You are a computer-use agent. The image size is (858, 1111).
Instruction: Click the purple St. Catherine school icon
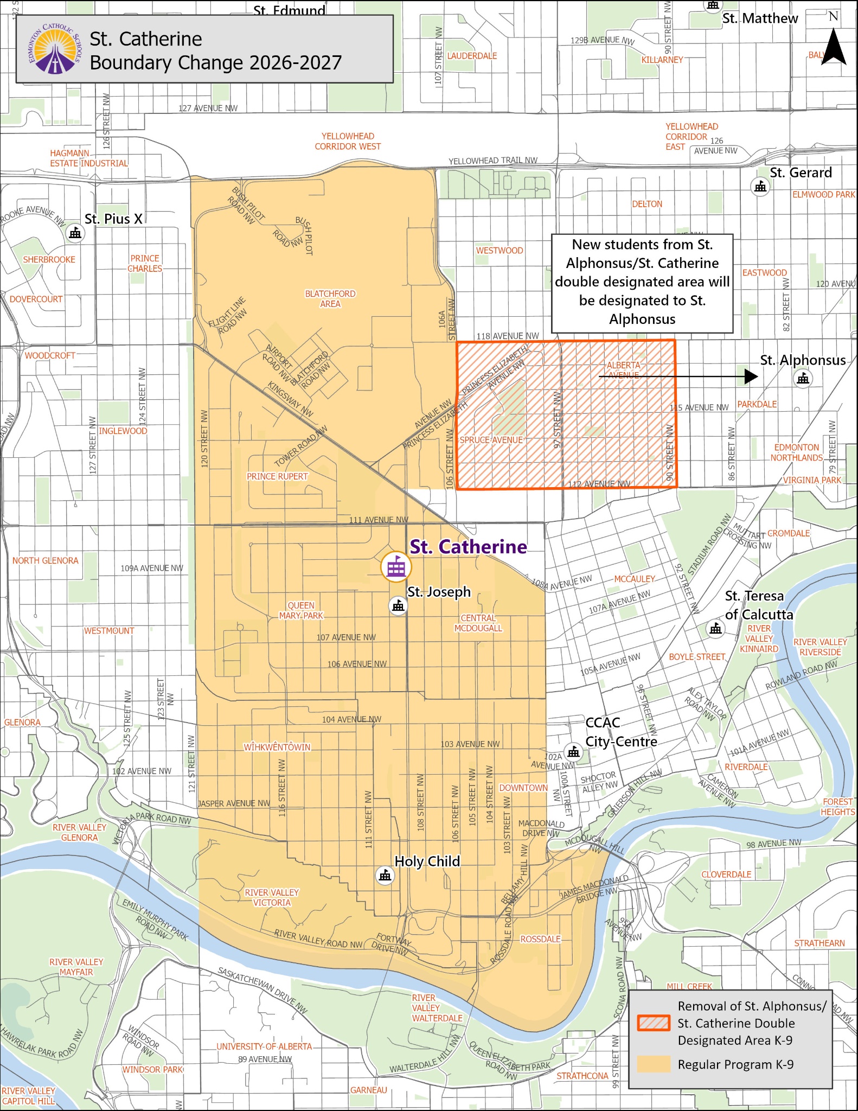tap(396, 567)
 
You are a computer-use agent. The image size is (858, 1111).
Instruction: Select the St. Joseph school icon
tap(399, 605)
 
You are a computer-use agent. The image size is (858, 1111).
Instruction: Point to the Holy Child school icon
tap(385, 875)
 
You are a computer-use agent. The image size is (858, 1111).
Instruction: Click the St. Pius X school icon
tap(75, 233)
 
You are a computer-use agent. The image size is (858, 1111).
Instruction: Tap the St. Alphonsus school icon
tap(803, 378)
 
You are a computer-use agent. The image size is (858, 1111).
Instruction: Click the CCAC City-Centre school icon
tap(573, 752)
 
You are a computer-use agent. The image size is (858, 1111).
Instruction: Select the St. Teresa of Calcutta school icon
tap(716, 628)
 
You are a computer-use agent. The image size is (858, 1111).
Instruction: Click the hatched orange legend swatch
tap(654, 1023)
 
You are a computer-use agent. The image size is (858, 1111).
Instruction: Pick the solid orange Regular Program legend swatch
tap(654, 1064)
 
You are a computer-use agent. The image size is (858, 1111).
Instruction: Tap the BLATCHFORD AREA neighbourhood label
tap(330, 298)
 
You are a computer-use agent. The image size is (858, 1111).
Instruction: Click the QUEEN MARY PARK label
tap(301, 610)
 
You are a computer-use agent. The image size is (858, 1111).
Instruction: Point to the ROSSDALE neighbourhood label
tap(540, 939)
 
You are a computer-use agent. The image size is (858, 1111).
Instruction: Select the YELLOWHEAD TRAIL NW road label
tap(492, 161)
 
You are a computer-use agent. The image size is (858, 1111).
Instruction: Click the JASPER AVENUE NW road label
tap(234, 803)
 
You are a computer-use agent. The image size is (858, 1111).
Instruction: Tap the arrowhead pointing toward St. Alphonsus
tap(751, 376)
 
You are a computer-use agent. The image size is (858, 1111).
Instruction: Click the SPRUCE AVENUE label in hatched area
tap(491, 440)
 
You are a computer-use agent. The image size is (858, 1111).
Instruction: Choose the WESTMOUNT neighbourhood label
tap(108, 630)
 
